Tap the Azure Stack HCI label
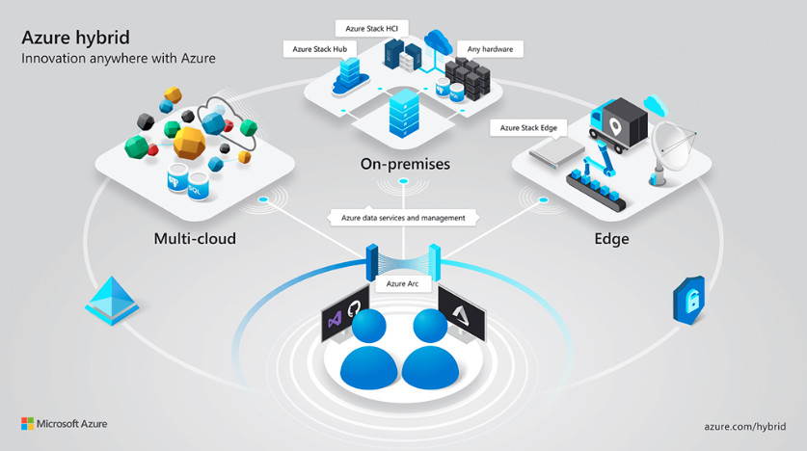tap(367, 29)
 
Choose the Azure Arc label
tap(403, 284)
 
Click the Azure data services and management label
tap(403, 218)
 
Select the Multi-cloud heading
tap(194, 237)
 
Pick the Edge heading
tap(611, 237)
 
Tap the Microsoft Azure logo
tap(64, 424)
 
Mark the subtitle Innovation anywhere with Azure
tap(118, 59)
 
